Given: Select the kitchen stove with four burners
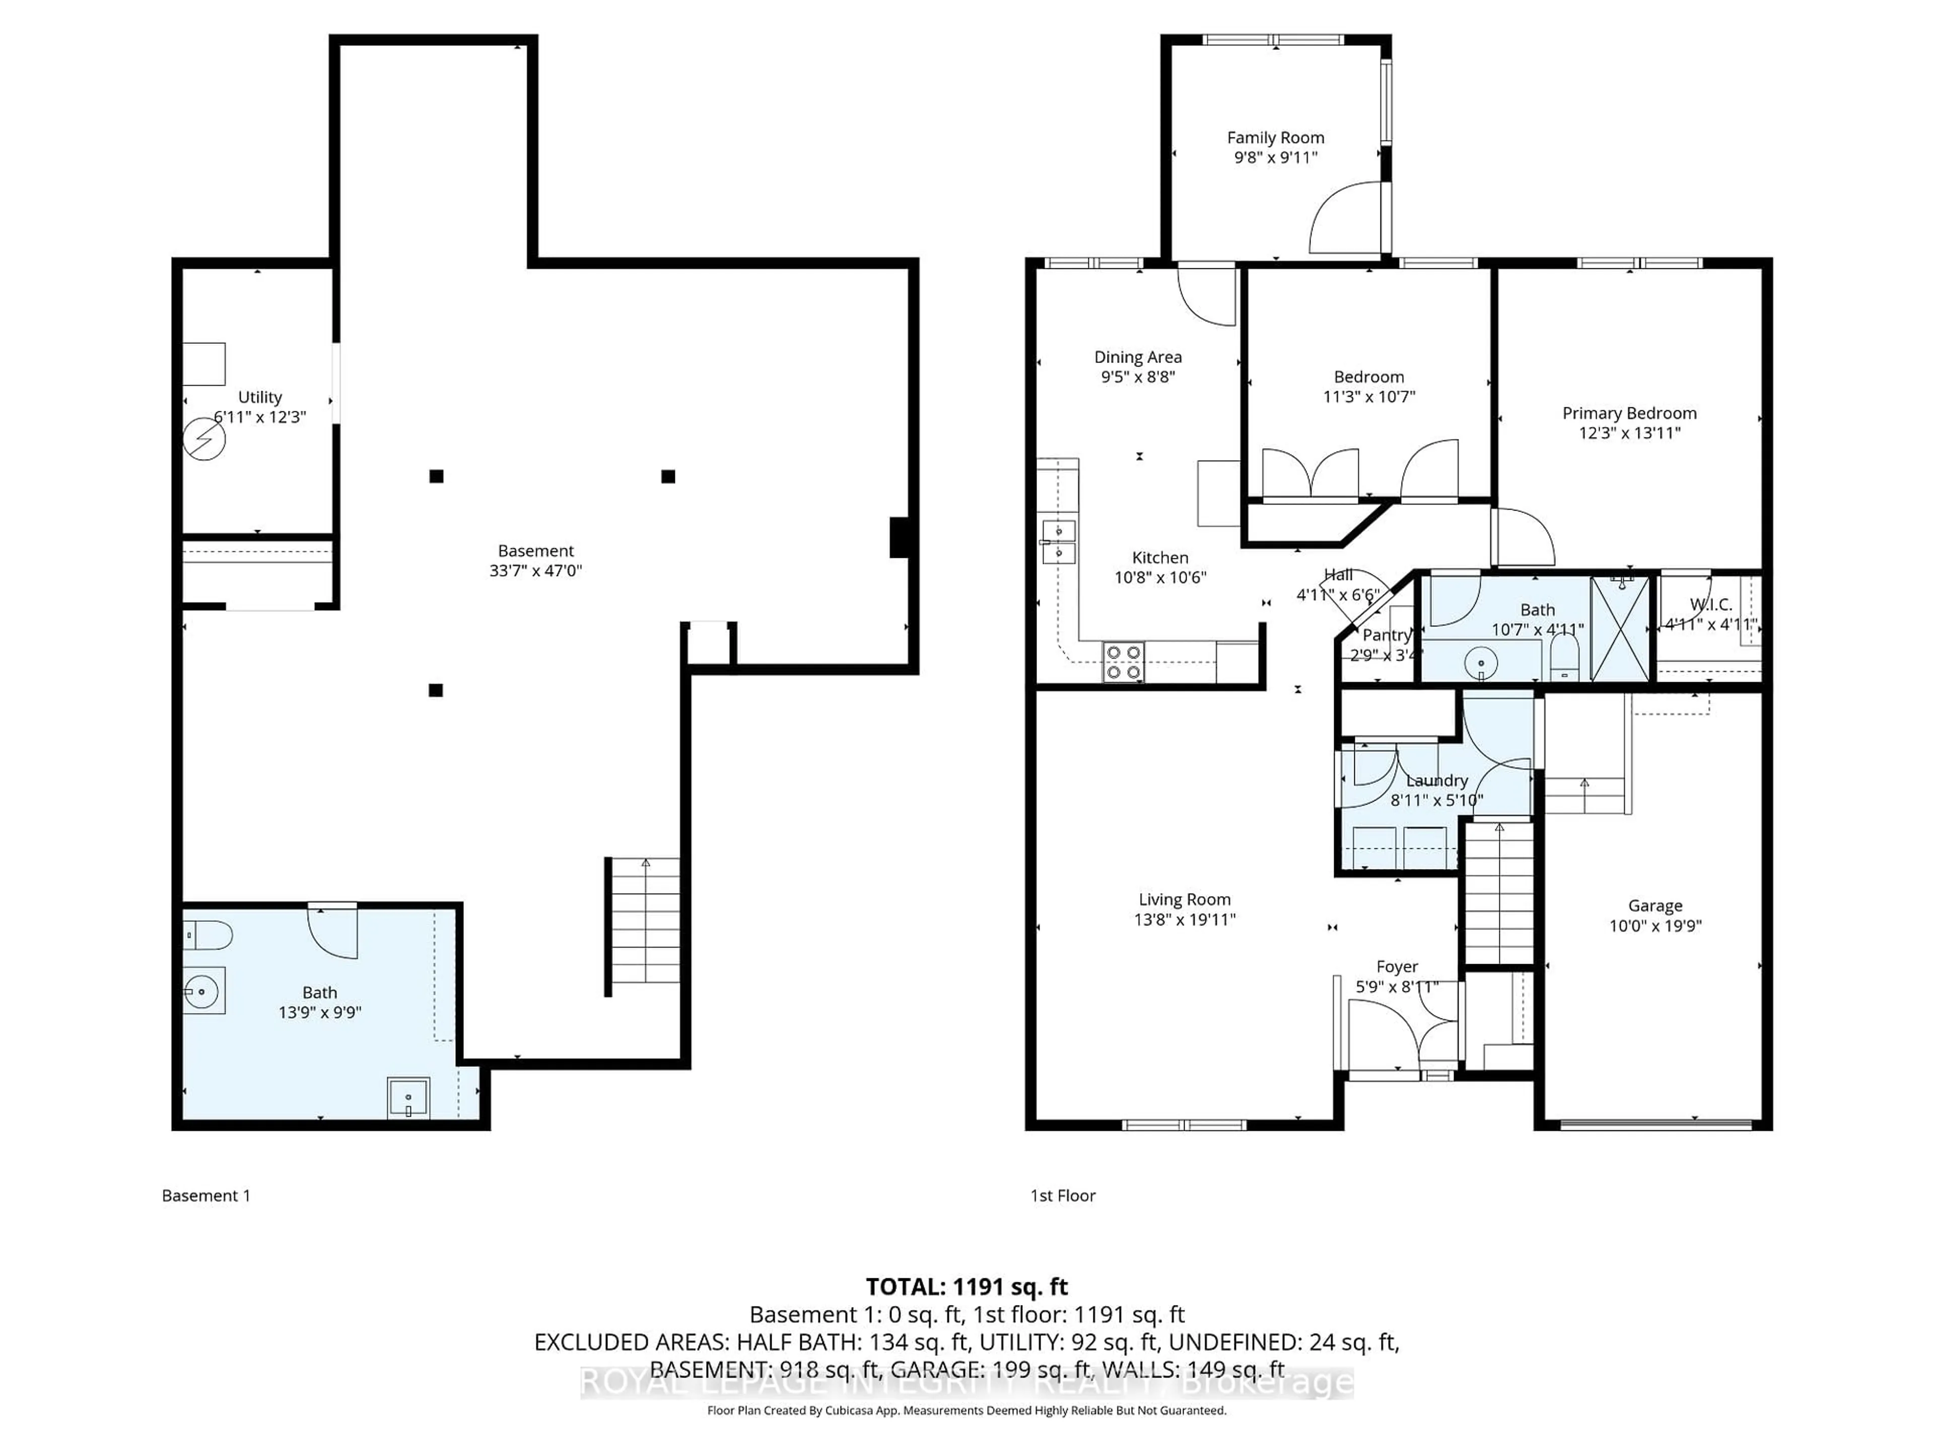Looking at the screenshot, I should [x=1123, y=662].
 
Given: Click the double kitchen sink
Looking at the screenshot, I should [x=1058, y=542].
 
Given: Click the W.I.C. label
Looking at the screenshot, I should [x=1710, y=605].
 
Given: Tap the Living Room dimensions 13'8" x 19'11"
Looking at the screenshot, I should [x=1184, y=919].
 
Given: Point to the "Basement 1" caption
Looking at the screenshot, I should [x=206, y=1196].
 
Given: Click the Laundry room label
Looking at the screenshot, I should [x=1436, y=780].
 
